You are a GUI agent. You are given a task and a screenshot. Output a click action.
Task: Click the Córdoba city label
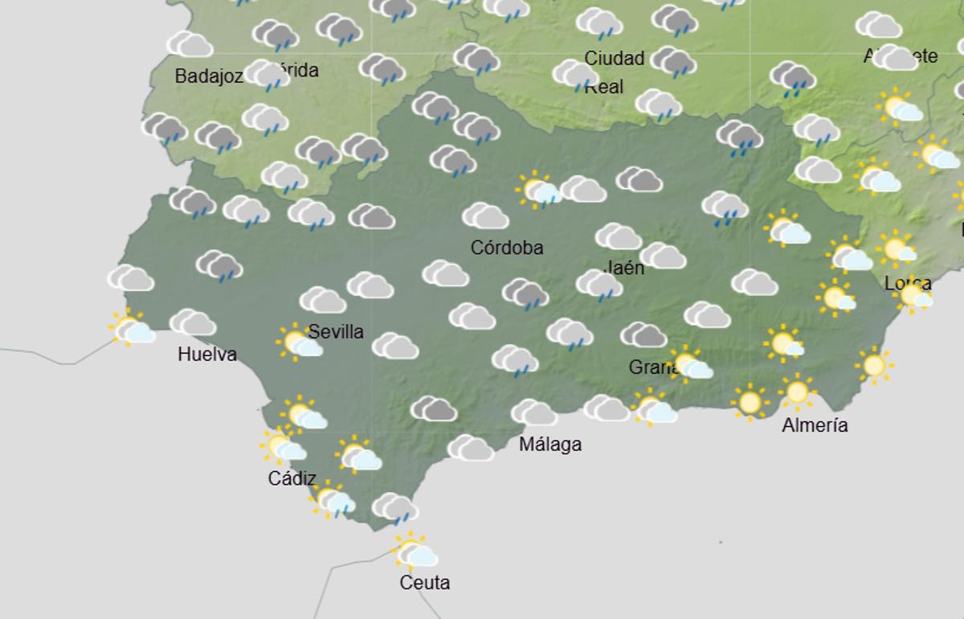tap(507, 248)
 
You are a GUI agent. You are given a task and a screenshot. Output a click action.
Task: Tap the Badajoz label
tap(209, 76)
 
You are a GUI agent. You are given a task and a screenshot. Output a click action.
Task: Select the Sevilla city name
tap(336, 331)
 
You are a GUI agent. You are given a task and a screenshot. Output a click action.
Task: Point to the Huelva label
tap(207, 354)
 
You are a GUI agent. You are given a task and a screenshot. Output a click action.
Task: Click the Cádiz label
tap(292, 478)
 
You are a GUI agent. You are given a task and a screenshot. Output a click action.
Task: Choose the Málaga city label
tap(550, 444)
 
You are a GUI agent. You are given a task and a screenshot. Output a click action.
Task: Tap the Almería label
tap(815, 425)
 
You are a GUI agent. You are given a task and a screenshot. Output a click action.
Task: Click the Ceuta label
tap(424, 583)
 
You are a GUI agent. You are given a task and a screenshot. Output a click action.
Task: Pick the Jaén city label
tap(624, 268)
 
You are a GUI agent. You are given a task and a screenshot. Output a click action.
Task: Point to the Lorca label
tap(908, 283)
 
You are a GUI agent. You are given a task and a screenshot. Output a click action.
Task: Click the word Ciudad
tap(615, 58)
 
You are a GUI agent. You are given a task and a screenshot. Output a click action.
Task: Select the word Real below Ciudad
tap(604, 86)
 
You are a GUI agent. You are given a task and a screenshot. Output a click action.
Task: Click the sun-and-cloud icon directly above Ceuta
tap(414, 552)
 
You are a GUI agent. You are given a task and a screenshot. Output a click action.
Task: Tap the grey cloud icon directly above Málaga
tap(533, 413)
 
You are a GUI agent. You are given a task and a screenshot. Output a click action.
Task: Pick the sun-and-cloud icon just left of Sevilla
tap(299, 343)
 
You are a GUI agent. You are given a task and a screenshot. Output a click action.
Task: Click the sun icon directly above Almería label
tap(796, 392)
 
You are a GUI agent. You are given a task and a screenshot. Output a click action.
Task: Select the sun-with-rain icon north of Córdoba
tap(538, 191)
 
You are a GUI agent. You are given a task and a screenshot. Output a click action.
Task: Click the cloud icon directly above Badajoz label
tap(190, 44)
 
